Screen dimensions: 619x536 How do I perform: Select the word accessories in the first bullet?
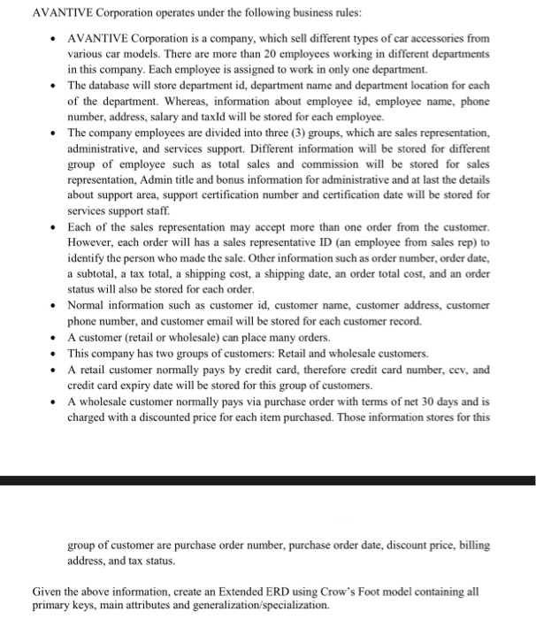pyautogui.click(x=438, y=40)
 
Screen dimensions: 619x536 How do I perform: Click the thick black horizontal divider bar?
pyautogui.click(x=268, y=481)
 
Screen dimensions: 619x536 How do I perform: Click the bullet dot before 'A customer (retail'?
pyautogui.click(x=55, y=337)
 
